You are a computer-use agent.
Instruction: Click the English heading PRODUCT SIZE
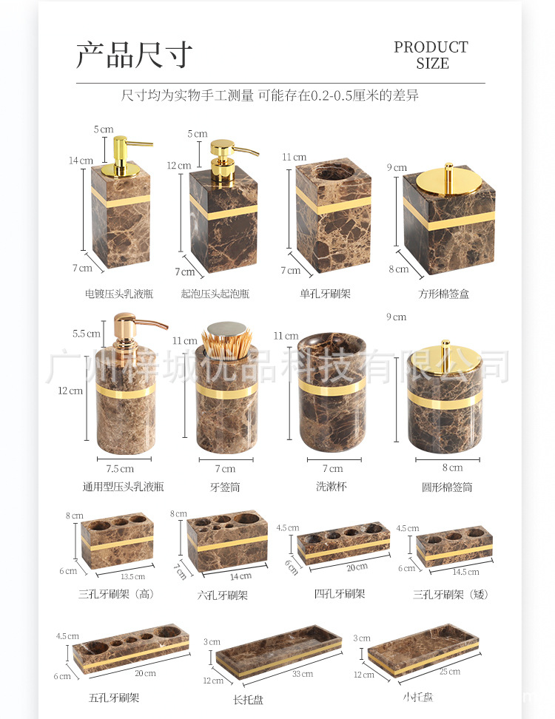coord(431,55)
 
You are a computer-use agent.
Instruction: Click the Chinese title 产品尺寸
coord(135,55)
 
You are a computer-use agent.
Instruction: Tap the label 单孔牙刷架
coord(325,294)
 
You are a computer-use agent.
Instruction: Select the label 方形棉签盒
coord(444,294)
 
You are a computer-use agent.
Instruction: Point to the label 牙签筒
coord(225,487)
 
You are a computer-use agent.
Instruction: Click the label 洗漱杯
coord(331,487)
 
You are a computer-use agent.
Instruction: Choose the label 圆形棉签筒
coord(447,487)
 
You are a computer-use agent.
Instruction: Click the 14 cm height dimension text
coord(81,161)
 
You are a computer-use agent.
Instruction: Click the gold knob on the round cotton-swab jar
coord(446,345)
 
